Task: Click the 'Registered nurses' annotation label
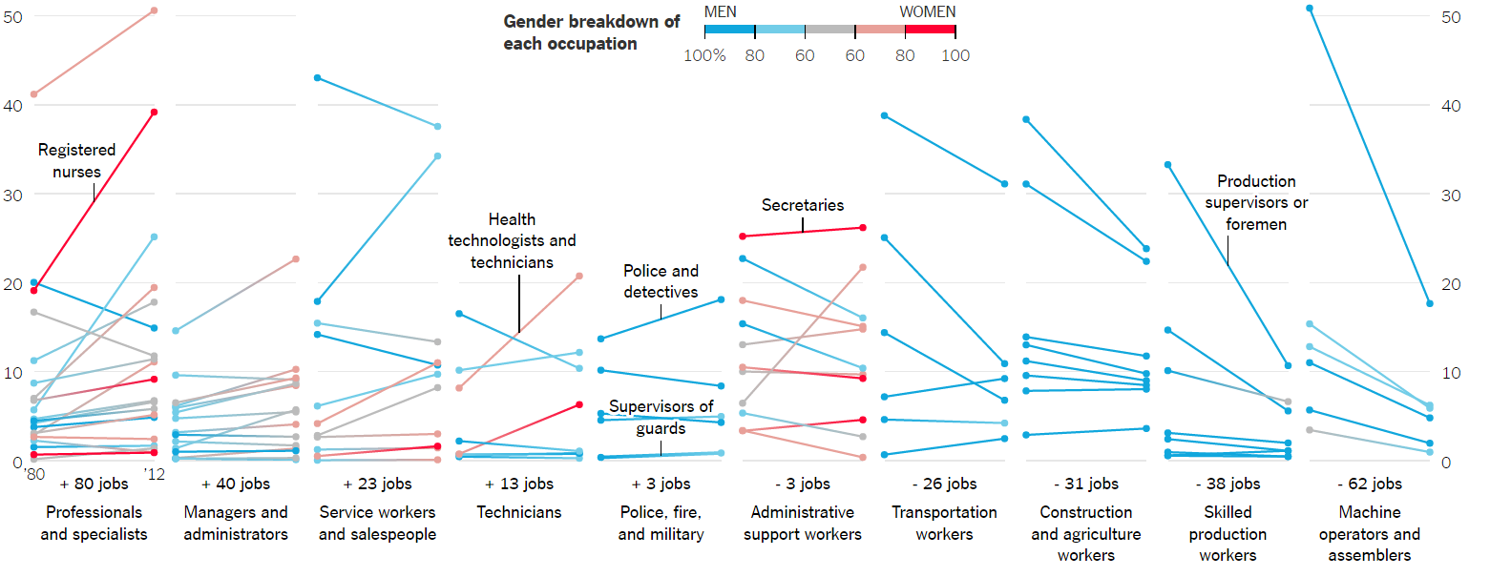tap(76, 160)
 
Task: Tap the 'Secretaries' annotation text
tap(803, 205)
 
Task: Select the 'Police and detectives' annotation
tap(661, 281)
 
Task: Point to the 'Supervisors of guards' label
tap(661, 418)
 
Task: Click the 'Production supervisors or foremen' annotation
tap(1256, 202)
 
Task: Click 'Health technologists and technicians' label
tap(512, 240)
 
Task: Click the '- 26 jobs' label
tap(944, 484)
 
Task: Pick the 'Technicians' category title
tap(519, 512)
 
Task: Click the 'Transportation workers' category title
tap(944, 523)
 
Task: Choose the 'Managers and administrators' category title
tap(235, 523)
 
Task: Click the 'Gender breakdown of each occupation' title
tap(591, 32)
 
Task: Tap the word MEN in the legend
tap(720, 11)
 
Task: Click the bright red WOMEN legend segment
tap(930, 30)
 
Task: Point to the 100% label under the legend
tap(704, 55)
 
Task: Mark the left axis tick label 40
tap(14, 105)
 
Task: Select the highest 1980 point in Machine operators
tap(1310, 9)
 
